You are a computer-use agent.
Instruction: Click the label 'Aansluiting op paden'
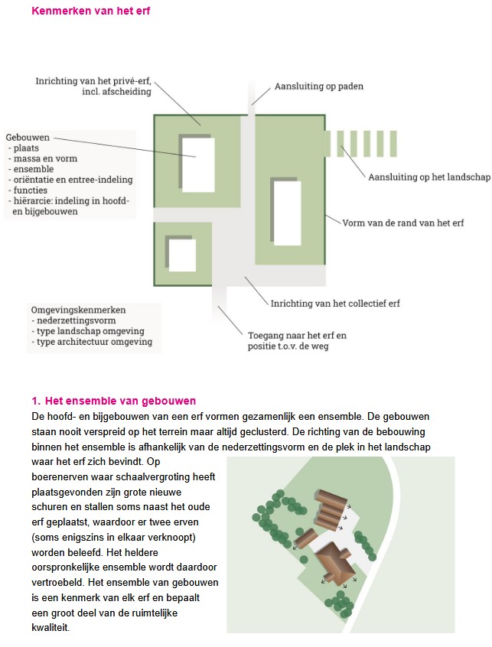pyautogui.click(x=318, y=86)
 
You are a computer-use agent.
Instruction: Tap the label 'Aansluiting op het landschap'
pyautogui.click(x=428, y=177)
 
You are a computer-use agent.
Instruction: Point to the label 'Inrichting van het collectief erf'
pyautogui.click(x=335, y=303)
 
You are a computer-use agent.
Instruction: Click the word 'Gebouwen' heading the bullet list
pyautogui.click(x=28, y=137)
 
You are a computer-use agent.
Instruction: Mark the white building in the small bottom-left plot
pyautogui.click(x=183, y=255)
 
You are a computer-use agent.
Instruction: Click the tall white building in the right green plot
pyautogui.click(x=287, y=212)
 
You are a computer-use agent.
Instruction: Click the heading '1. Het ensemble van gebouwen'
pyautogui.click(x=113, y=401)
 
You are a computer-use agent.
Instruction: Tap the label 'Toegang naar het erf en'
pyautogui.click(x=297, y=335)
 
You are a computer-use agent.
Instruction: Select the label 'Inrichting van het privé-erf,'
pyautogui.click(x=93, y=80)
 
